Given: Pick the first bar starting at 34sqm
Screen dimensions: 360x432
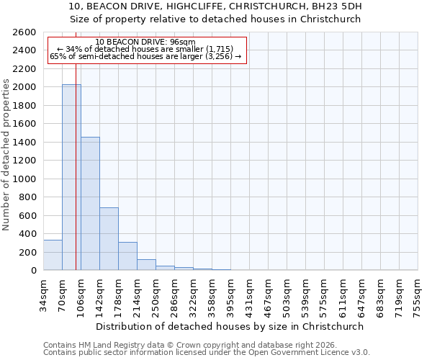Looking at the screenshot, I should pos(53,256).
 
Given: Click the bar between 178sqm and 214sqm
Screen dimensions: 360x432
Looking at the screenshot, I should pos(127,256).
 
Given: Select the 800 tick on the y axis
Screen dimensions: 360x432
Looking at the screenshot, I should pos(30,197).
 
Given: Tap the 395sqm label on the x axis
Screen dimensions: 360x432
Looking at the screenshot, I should pos(230,295).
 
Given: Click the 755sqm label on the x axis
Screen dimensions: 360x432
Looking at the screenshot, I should pos(418,295).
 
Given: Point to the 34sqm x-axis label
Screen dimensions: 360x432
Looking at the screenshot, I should pos(43,295).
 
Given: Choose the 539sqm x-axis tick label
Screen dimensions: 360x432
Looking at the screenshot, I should pos(305,295).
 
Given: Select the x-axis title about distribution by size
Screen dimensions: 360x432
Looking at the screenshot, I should pos(230,326).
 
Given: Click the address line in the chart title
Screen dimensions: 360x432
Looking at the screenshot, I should pos(216,6).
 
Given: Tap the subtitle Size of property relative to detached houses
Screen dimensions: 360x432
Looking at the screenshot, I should pos(216,19).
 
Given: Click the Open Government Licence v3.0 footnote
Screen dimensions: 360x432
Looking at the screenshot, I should pos(207,352).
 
